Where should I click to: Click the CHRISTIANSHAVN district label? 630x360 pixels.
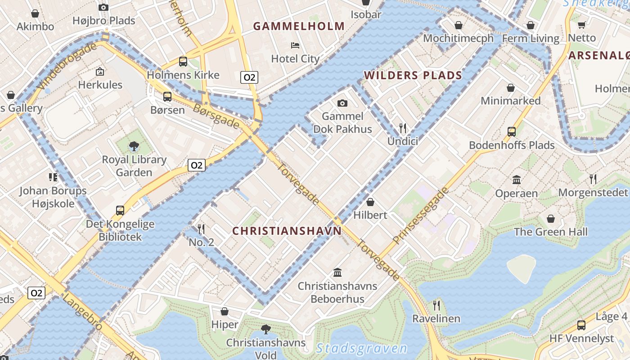[x=287, y=231]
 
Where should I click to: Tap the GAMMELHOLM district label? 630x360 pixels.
[x=299, y=26]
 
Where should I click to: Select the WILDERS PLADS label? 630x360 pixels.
[x=413, y=75]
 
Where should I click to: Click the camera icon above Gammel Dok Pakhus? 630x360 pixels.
[x=342, y=103]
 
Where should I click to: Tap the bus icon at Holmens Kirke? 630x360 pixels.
[x=183, y=62]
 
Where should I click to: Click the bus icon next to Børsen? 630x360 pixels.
[x=167, y=96]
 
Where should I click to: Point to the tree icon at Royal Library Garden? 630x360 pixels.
[x=134, y=146]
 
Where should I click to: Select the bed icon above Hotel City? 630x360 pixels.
[x=295, y=45]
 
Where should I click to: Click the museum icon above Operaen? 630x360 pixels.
[x=517, y=180]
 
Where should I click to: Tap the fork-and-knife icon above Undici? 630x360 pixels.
[x=403, y=128]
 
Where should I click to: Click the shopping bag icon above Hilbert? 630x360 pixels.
[x=370, y=202]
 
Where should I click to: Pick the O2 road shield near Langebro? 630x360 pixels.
[x=36, y=293]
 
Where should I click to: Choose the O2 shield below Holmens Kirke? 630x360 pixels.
[x=249, y=77]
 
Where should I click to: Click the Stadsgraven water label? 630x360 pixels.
[x=361, y=348]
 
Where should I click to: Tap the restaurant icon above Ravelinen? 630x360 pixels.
[x=436, y=306]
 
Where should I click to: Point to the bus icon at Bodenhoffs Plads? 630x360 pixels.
[x=512, y=132]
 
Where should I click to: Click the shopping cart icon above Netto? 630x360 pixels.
[x=581, y=25]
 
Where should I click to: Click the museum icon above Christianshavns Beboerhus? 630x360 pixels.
[x=337, y=272]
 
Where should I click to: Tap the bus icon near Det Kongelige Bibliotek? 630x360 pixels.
[x=120, y=211]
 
